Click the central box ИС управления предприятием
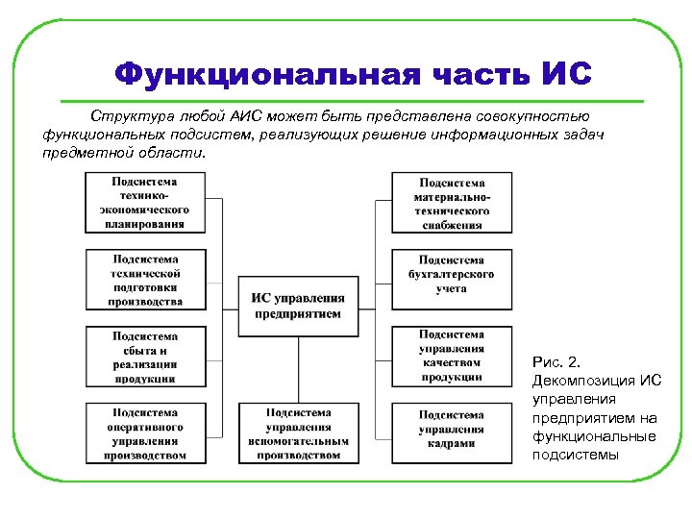[297, 306]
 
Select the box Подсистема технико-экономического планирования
[147, 202]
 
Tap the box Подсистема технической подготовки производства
[147, 280]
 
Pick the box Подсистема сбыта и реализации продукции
[146, 358]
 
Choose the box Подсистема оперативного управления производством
[147, 433]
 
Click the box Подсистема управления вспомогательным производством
[297, 433]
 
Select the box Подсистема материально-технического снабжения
[452, 202]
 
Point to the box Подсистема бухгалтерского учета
[452, 280]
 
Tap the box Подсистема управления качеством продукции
[452, 356]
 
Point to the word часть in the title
[463, 74]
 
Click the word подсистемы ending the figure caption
[576, 454]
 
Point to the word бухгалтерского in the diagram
[452, 274]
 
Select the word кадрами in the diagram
[452, 442]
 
